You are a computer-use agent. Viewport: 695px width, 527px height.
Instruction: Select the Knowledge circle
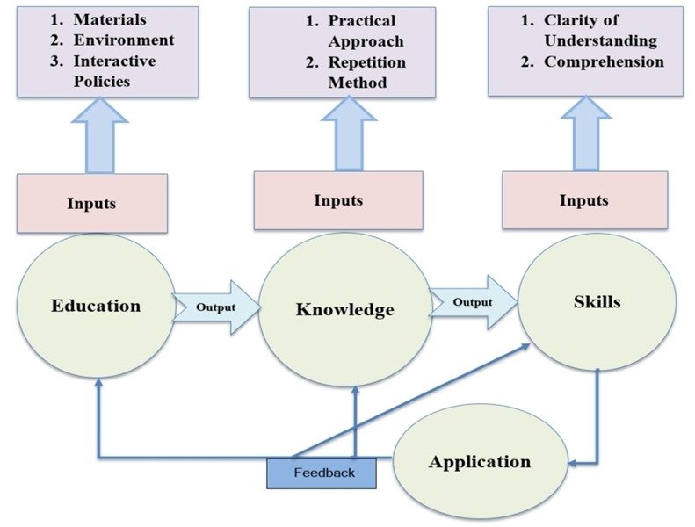(x=344, y=309)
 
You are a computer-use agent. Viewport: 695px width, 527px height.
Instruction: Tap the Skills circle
(x=597, y=303)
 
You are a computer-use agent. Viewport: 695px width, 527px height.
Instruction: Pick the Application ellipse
(x=479, y=462)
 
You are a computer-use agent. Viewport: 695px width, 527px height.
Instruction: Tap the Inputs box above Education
(x=91, y=203)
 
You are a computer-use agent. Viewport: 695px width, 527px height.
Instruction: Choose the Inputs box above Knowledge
(x=338, y=200)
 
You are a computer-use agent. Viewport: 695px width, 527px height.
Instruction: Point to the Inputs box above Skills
(x=583, y=200)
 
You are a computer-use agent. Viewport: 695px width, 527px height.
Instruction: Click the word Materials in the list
(x=111, y=18)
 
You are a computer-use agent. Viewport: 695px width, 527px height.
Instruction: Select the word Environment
(x=123, y=40)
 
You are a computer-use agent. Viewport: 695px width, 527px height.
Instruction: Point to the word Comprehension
(x=604, y=62)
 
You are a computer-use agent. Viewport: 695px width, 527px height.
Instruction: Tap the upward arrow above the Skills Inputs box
(x=584, y=134)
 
